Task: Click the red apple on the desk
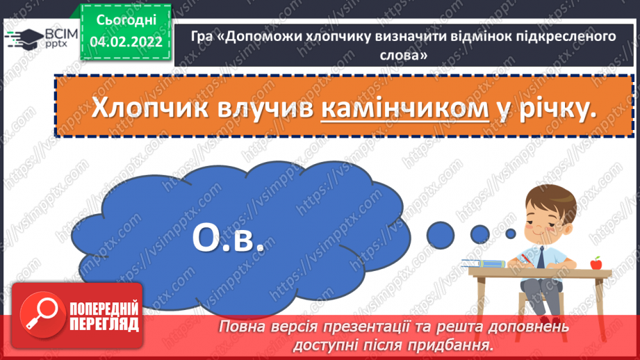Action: [595, 263]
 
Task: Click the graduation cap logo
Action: [22, 37]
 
